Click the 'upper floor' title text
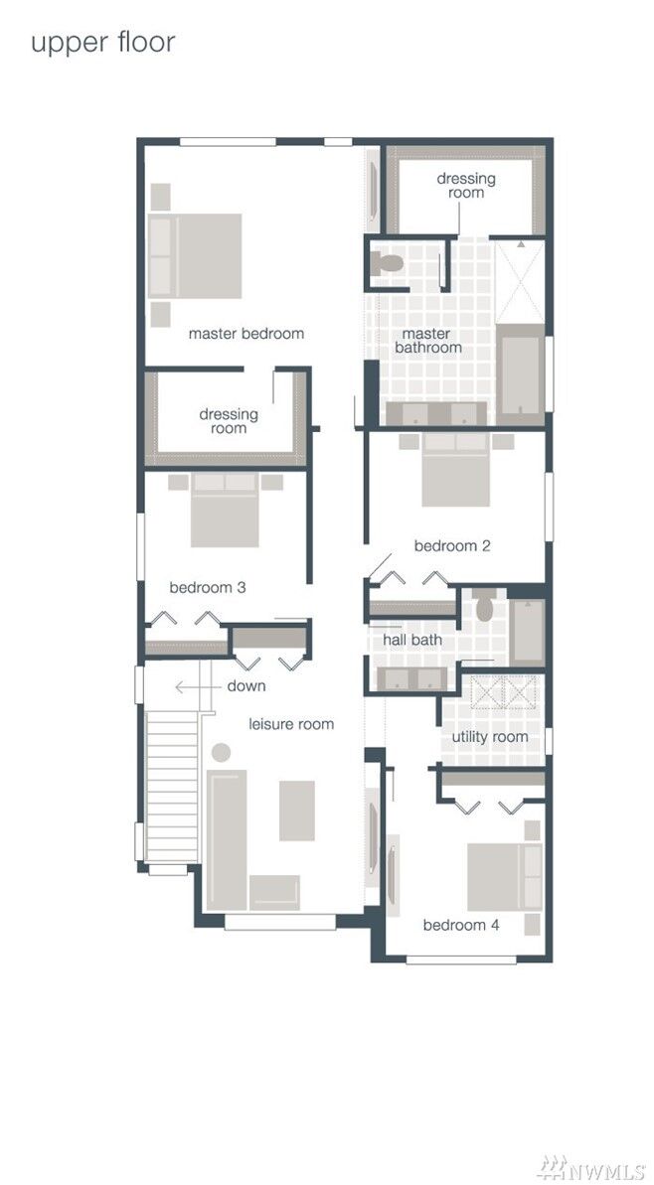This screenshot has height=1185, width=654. [102, 43]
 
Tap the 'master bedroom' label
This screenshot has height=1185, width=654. [246, 334]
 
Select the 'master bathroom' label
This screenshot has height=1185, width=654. [427, 341]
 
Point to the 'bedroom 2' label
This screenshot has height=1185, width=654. [452, 545]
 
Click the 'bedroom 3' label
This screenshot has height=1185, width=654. [208, 587]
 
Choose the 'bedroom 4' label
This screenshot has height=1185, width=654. [461, 925]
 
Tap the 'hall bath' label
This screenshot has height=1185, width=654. [412, 640]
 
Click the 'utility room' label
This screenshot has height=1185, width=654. [490, 737]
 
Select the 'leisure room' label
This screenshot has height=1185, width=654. [291, 724]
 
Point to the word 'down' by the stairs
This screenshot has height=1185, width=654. [245, 686]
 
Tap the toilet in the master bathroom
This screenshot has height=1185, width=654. [387, 263]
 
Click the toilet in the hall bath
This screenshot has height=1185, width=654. [485, 607]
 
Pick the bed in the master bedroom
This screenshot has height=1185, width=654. [196, 255]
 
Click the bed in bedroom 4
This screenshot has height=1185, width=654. [505, 876]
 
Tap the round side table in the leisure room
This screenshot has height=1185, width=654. [222, 753]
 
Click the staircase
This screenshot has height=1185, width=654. [172, 785]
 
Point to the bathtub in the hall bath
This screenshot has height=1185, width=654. [527, 632]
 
